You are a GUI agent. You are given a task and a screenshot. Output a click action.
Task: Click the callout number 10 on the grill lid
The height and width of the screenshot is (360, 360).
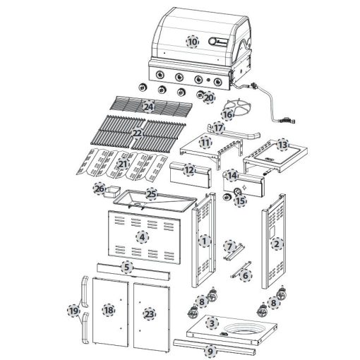192,42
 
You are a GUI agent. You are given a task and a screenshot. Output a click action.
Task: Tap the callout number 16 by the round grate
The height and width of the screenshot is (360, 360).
227,115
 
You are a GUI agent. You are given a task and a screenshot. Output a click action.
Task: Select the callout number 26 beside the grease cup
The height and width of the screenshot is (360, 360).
100,188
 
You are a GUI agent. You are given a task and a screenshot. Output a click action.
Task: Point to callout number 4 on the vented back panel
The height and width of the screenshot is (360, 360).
142,237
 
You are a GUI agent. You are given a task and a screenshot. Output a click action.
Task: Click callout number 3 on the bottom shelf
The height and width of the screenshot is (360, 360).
212,323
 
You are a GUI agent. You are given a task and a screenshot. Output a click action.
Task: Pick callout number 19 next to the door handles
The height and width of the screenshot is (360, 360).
73,311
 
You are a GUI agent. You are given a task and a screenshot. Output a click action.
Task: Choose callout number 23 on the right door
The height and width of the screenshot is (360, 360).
149,314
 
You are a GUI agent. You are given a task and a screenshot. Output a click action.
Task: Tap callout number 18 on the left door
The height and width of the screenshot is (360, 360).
109,310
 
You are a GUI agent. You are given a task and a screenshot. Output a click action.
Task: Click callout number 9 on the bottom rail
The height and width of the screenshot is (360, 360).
210,352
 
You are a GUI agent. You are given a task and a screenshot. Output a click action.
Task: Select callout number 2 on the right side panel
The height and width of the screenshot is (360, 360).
277,244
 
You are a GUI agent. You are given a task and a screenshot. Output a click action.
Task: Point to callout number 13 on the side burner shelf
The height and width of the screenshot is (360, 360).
282,145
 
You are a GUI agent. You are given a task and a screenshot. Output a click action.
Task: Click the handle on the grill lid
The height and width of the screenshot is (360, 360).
218,42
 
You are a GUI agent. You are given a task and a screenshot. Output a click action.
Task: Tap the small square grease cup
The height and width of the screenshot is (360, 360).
112,191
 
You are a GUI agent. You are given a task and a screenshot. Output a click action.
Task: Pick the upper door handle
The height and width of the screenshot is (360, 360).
84,291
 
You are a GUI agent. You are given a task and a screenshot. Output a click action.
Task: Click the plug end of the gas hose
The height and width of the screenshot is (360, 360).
287,120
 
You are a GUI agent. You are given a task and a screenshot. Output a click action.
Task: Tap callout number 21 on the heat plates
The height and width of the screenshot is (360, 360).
123,164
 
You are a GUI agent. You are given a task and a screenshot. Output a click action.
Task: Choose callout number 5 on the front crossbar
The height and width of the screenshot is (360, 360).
127,267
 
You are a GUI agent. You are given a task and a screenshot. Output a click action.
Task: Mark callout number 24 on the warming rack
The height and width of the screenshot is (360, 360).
149,107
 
